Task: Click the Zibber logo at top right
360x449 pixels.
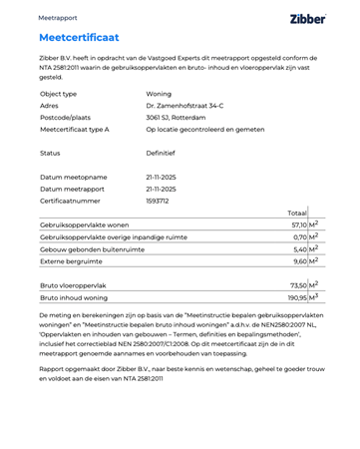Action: coord(308,18)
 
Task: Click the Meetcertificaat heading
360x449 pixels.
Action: coord(79,38)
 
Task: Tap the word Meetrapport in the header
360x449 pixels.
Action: coord(57,18)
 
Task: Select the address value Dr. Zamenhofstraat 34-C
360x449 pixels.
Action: coord(184,105)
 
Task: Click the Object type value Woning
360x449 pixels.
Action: coord(161,93)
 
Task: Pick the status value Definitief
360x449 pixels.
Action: coord(161,154)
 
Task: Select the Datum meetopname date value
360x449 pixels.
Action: coord(161,177)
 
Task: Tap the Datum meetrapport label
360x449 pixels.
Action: coord(73,189)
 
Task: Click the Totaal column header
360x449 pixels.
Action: coord(296,213)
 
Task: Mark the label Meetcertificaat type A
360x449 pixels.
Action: coord(75,129)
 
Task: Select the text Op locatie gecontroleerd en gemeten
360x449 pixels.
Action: coord(204,129)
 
